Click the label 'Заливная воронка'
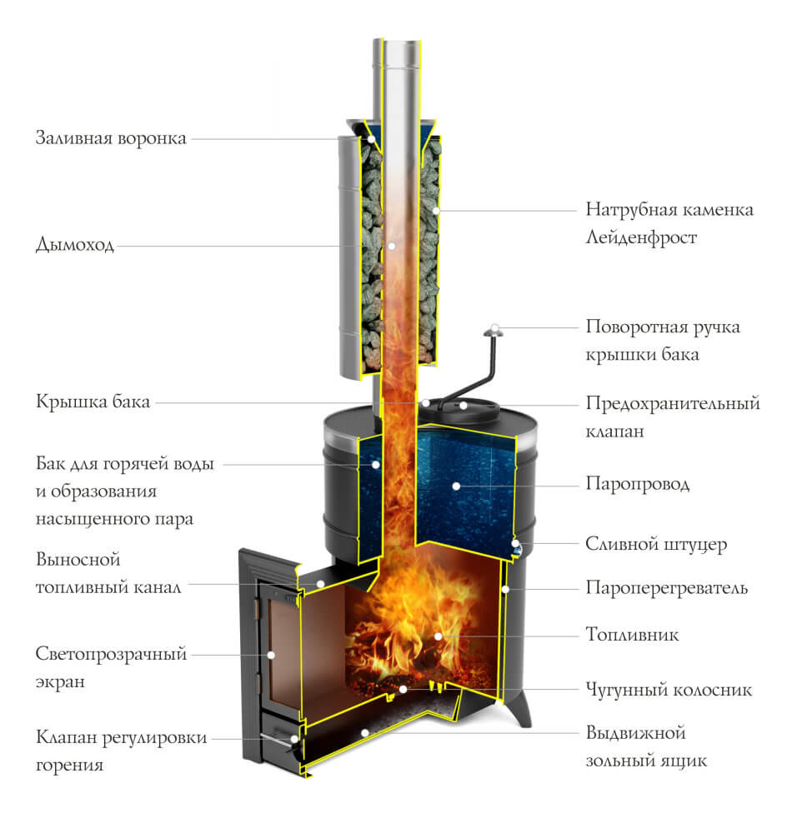click(x=111, y=138)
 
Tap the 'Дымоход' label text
click(x=75, y=245)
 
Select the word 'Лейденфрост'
click(x=641, y=237)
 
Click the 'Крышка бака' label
click(x=93, y=402)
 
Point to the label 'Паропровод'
click(x=638, y=485)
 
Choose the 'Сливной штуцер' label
click(x=656, y=544)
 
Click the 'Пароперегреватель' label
click(x=667, y=588)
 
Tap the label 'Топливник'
click(x=632, y=634)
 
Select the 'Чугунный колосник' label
click(x=669, y=690)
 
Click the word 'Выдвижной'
click(x=636, y=733)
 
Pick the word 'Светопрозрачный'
click(x=111, y=654)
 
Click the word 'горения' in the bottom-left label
click(x=70, y=766)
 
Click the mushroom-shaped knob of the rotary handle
click(x=494, y=332)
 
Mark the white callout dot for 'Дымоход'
click(x=391, y=246)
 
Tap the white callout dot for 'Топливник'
click(x=438, y=636)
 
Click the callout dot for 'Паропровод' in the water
click(x=456, y=486)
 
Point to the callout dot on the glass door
click(x=271, y=655)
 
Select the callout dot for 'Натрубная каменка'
click(x=436, y=211)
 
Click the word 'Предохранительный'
click(x=673, y=404)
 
